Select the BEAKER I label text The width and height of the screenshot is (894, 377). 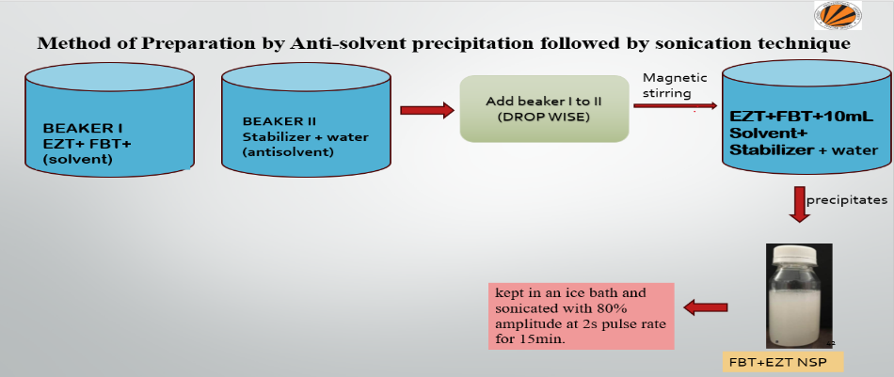[84, 127]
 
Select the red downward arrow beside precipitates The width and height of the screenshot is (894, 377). [800, 204]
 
